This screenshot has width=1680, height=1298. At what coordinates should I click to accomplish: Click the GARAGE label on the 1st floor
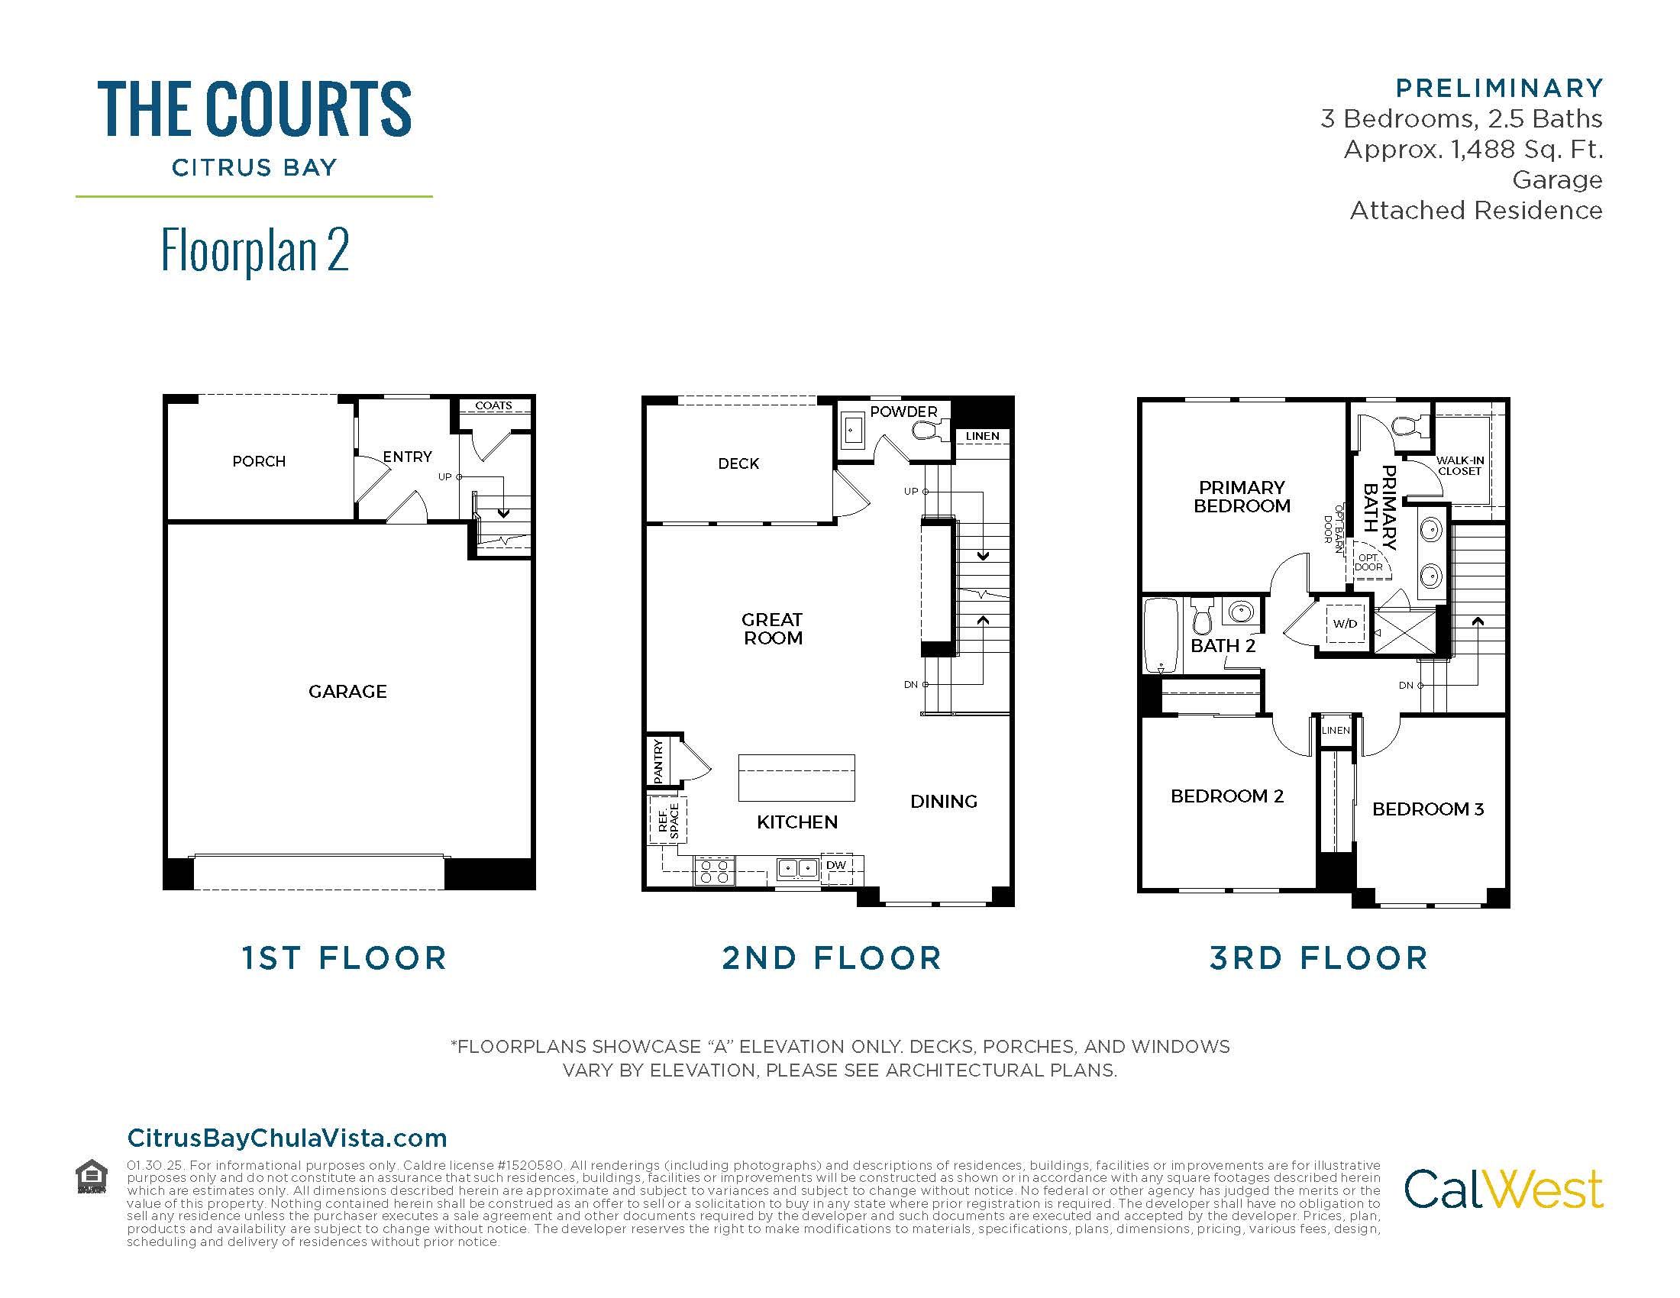[x=347, y=691]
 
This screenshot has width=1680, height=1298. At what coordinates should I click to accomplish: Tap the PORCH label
[x=258, y=461]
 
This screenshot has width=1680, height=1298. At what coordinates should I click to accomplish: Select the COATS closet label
[x=493, y=405]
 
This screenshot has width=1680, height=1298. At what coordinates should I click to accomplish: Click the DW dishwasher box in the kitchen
[x=836, y=866]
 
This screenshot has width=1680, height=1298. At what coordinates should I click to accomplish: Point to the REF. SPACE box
[x=667, y=821]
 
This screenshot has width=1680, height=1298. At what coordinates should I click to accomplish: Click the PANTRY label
[x=658, y=761]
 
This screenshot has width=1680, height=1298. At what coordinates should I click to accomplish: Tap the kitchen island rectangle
[x=796, y=777]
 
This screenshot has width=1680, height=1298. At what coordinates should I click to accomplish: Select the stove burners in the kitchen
[x=715, y=871]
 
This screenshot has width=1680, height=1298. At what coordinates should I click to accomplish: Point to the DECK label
[x=738, y=463]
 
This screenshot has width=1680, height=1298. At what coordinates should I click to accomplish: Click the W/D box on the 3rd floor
[x=1345, y=624]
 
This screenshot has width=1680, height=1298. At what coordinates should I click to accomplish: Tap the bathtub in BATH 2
[x=1161, y=635]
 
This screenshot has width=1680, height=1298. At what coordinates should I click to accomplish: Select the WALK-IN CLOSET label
[x=1459, y=466]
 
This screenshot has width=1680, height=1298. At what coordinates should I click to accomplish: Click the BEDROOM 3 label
[x=1428, y=809]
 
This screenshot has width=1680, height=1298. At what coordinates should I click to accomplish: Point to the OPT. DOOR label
[x=1368, y=562]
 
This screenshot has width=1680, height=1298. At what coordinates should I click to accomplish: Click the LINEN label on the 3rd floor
[x=1336, y=730]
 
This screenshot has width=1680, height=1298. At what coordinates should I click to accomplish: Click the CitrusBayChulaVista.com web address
[x=287, y=1138]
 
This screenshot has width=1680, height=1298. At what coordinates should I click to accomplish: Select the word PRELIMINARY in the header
[x=1499, y=89]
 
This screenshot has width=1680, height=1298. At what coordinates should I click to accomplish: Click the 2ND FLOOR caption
[x=832, y=958]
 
